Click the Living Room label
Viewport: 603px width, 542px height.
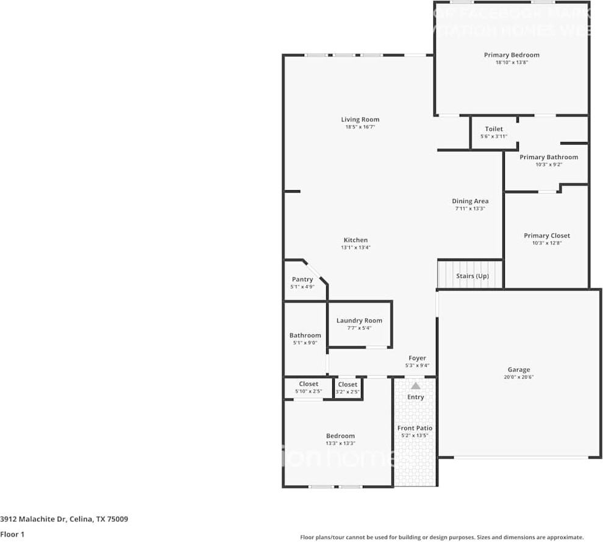pos(360,119)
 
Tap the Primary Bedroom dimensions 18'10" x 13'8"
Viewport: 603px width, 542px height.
pos(512,63)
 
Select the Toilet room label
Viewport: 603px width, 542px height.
pos(494,129)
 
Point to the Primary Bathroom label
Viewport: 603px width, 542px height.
pos(549,157)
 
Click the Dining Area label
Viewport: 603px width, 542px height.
pos(470,201)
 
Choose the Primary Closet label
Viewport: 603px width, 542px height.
pos(547,235)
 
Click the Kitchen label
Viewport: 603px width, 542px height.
pos(355,240)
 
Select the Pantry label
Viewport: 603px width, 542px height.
pos(302,279)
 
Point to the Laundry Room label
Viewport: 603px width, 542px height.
pos(359,321)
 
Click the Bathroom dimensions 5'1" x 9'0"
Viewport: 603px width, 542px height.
pos(305,343)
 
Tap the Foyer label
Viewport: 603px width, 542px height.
pos(417,358)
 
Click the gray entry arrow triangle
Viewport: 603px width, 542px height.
pos(416,385)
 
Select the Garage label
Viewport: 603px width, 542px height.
pos(519,369)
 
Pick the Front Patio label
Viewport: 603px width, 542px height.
pos(415,428)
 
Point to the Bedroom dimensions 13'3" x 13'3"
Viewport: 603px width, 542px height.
pos(340,443)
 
